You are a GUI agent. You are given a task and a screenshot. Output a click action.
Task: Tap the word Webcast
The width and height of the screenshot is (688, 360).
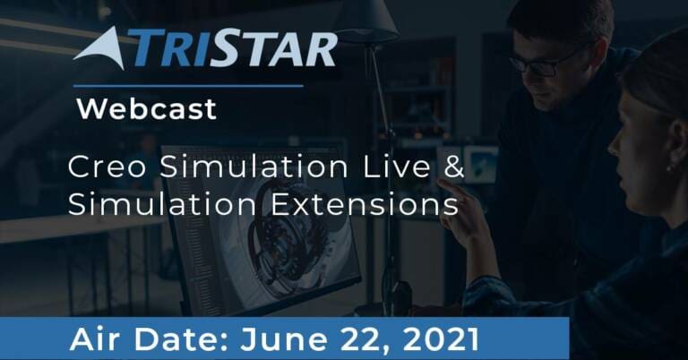click(x=147, y=108)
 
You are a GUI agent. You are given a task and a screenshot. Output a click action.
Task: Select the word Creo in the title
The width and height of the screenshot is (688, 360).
click(x=107, y=167)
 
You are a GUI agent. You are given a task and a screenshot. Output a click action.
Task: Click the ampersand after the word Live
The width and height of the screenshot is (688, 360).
click(x=453, y=167)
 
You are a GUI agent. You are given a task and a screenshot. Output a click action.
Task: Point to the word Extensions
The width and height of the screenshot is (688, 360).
click(x=365, y=204)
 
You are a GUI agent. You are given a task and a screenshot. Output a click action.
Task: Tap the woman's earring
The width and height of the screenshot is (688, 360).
click(x=668, y=167)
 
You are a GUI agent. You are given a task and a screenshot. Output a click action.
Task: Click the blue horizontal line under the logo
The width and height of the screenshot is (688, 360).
click(x=188, y=86)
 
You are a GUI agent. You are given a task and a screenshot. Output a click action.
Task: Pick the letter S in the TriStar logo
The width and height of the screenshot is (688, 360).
click(x=226, y=47)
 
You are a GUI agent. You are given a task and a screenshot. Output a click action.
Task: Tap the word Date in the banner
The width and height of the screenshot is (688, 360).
click(x=181, y=339)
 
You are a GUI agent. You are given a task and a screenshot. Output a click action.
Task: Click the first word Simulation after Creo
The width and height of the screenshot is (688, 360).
click(x=254, y=167)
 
